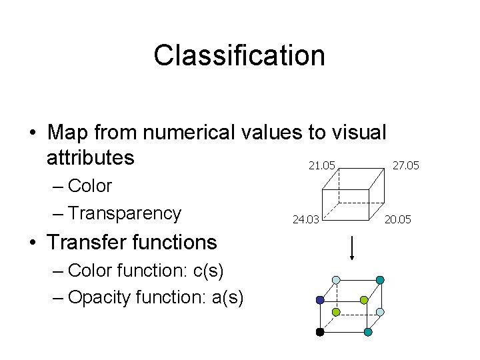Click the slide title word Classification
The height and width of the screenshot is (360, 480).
(239, 56)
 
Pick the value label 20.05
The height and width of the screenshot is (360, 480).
(399, 218)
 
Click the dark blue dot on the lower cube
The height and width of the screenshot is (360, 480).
(320, 301)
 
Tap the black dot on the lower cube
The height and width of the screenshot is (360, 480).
(320, 331)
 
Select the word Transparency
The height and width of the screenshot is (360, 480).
(124, 213)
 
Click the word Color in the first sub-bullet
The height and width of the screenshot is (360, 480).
(90, 185)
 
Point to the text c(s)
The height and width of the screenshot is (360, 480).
(207, 270)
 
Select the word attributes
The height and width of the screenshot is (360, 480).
(91, 159)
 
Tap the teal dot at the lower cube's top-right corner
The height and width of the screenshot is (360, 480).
(380, 280)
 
